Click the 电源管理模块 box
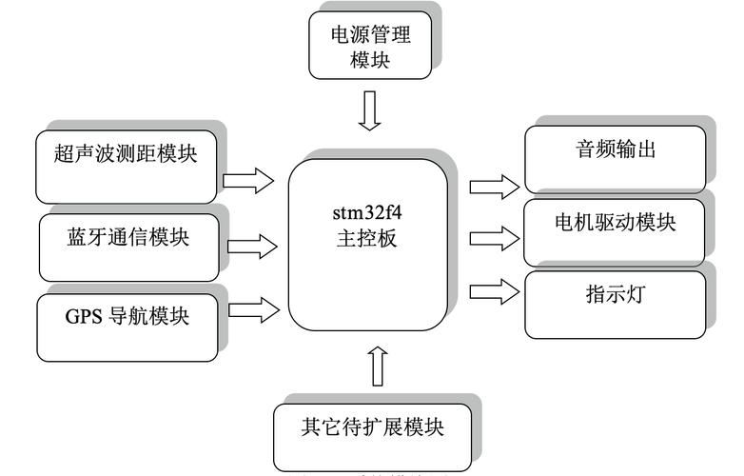[x=370, y=47]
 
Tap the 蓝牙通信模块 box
[x=127, y=246]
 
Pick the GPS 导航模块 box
[x=127, y=326]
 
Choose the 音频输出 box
[x=616, y=158]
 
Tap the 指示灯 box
[x=616, y=304]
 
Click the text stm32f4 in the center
[x=368, y=211]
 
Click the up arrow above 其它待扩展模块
[x=377, y=366]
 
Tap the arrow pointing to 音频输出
[x=496, y=182]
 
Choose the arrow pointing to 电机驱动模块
[x=496, y=233]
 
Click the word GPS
[x=84, y=316]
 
